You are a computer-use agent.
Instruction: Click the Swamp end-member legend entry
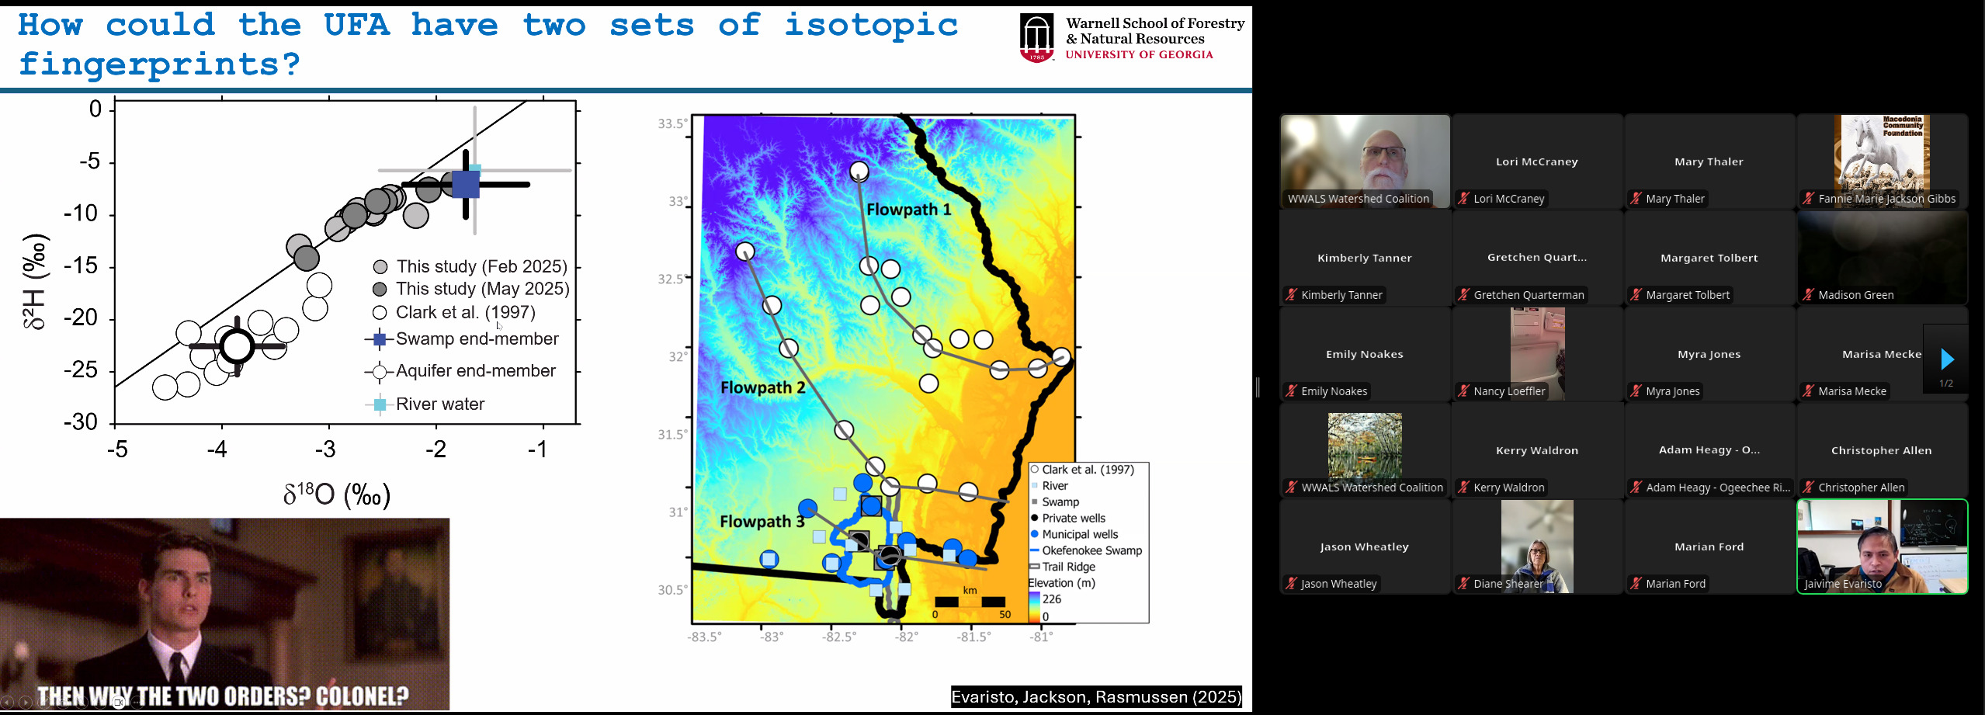pyautogui.click(x=462, y=339)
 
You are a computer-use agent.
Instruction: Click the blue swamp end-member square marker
pyautogui.click(x=466, y=184)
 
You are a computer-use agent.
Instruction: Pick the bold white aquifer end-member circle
pyautogui.click(x=238, y=345)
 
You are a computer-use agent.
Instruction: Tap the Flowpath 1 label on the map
pyautogui.click(x=908, y=210)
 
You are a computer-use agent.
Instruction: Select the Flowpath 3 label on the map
pyautogui.click(x=762, y=522)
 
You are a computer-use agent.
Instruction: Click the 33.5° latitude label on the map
pyautogui.click(x=672, y=123)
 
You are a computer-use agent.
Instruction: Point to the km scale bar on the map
pyautogui.click(x=970, y=602)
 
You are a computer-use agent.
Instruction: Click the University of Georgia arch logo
pyautogui.click(x=1037, y=37)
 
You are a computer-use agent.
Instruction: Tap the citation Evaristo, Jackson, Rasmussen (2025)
pyautogui.click(x=1096, y=697)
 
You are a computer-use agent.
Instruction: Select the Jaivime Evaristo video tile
pyautogui.click(x=1882, y=547)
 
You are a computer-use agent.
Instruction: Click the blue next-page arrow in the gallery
pyautogui.click(x=1946, y=359)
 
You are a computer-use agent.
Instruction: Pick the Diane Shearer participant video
pyautogui.click(x=1537, y=547)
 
